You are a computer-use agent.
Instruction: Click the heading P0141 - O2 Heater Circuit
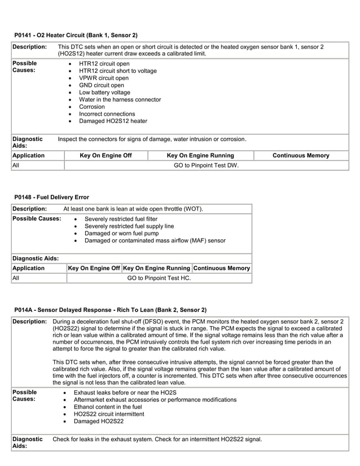[x=75, y=36]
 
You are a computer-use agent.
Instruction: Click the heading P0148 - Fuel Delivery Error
[x=51, y=197]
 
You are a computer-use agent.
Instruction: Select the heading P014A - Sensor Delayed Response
[x=110, y=310]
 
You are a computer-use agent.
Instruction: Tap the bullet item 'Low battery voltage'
[x=104, y=93]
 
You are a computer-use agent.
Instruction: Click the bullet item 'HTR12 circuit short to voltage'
[x=117, y=71]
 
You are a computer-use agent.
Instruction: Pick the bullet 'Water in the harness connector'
[x=120, y=100]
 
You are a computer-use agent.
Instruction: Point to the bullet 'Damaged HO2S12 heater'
[x=113, y=121]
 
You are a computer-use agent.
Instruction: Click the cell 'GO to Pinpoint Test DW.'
[x=205, y=166]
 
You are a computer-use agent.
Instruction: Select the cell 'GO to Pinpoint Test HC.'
[x=159, y=278]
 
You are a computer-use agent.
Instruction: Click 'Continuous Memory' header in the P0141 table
[x=301, y=155]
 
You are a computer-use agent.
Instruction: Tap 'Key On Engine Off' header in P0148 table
[x=94, y=268]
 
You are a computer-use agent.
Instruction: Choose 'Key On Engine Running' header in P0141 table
[x=200, y=155]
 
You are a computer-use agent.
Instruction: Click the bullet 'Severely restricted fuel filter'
[x=121, y=219]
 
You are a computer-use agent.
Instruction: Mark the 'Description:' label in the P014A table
[x=29, y=321]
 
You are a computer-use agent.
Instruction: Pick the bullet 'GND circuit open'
[x=101, y=85]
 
